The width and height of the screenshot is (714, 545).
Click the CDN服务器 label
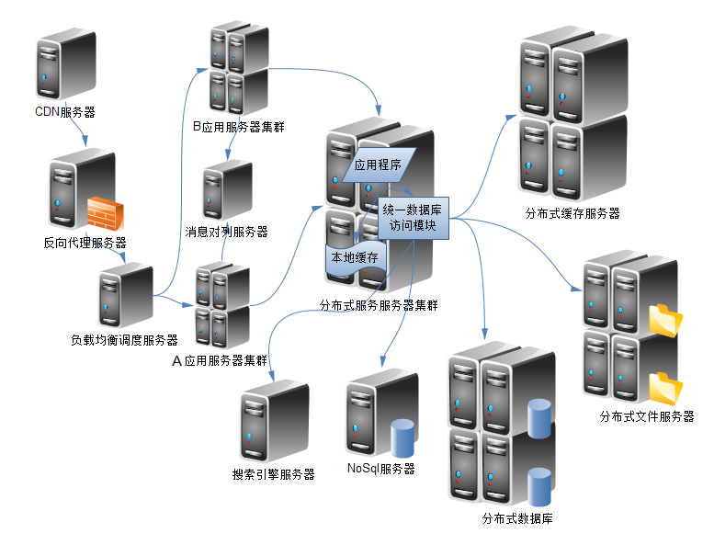[64, 112]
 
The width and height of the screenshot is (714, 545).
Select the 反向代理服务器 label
[85, 244]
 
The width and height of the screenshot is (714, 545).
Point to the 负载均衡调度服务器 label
[124, 339]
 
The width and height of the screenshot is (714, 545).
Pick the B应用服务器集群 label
[238, 127]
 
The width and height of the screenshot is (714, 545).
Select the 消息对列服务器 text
[226, 232]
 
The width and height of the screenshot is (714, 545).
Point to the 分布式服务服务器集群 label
[378, 304]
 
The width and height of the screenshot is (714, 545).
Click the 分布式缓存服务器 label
[572, 213]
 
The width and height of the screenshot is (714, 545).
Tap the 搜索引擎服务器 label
[274, 474]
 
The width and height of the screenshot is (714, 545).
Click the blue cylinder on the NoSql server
[404, 437]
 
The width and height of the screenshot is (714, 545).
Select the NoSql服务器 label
[381, 469]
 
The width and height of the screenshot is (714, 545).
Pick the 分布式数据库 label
[517, 518]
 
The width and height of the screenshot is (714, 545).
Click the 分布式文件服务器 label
[646, 416]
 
